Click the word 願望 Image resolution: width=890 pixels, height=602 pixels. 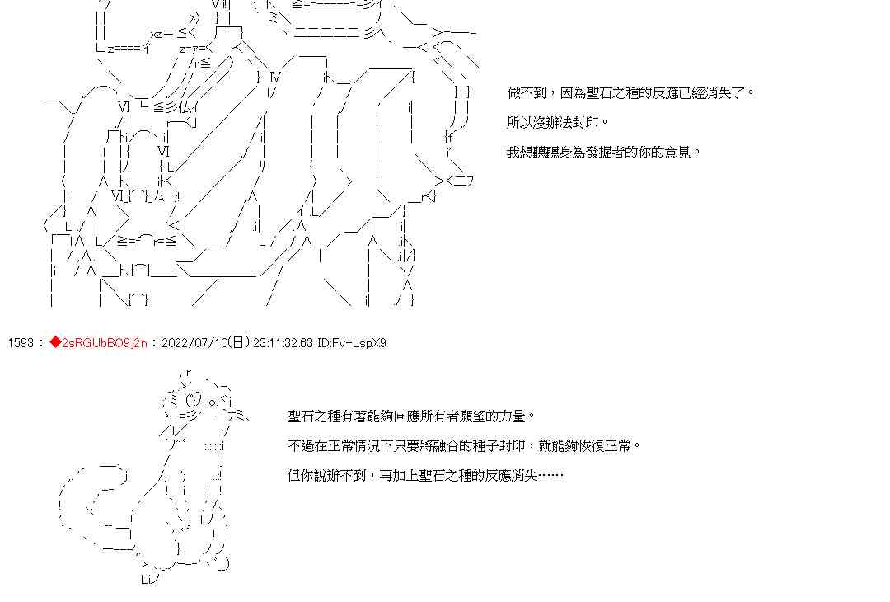[479, 416]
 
